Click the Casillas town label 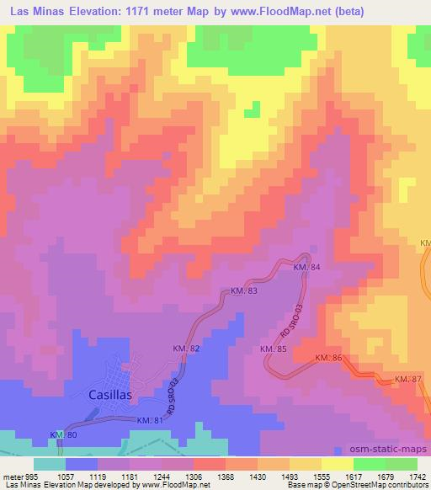pyautogui.click(x=111, y=394)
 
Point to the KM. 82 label pyautogui.click(x=188, y=349)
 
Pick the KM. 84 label pyautogui.click(x=306, y=267)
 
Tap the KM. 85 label pyautogui.click(x=274, y=349)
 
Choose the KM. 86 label pyautogui.click(x=327, y=358)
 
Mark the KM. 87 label pyautogui.click(x=407, y=380)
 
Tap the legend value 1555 pyautogui.click(x=320, y=476)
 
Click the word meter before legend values pyautogui.click(x=12, y=476)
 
